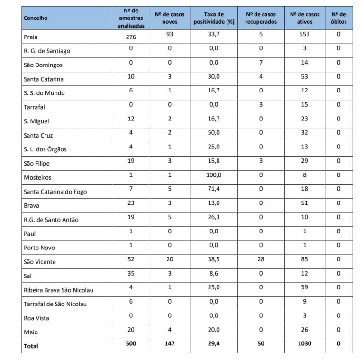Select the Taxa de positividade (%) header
[214, 18]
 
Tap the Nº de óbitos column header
[338, 18]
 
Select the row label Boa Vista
[36, 318]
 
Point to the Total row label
[31, 346]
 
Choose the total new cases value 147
[169, 343]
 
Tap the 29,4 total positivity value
[214, 343]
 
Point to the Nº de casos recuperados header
[261, 18]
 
